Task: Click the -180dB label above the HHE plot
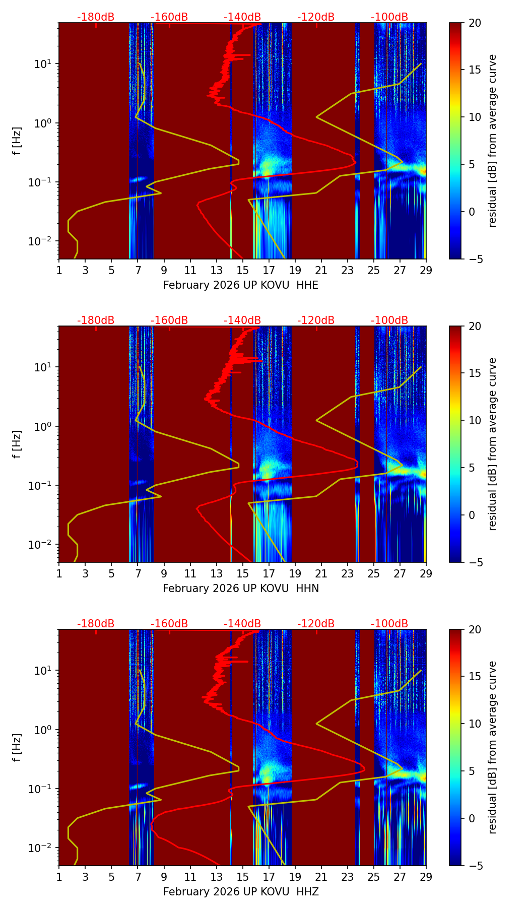coord(96,17)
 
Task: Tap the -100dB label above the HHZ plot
coord(389,624)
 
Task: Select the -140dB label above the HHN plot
coord(242,320)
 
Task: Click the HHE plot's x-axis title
coord(241,285)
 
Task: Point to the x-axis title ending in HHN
coord(241,589)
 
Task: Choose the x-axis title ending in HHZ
coord(241,892)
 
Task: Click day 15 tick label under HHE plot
coord(243,271)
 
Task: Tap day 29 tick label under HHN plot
coord(426,574)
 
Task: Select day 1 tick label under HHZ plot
coord(59,877)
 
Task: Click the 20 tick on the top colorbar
coord(475,23)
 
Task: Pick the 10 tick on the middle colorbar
coord(475,420)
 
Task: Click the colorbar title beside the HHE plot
coord(493,141)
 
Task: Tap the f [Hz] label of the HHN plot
coord(17,444)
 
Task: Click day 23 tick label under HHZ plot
coord(348,877)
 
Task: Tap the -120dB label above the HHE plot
coord(316,17)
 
